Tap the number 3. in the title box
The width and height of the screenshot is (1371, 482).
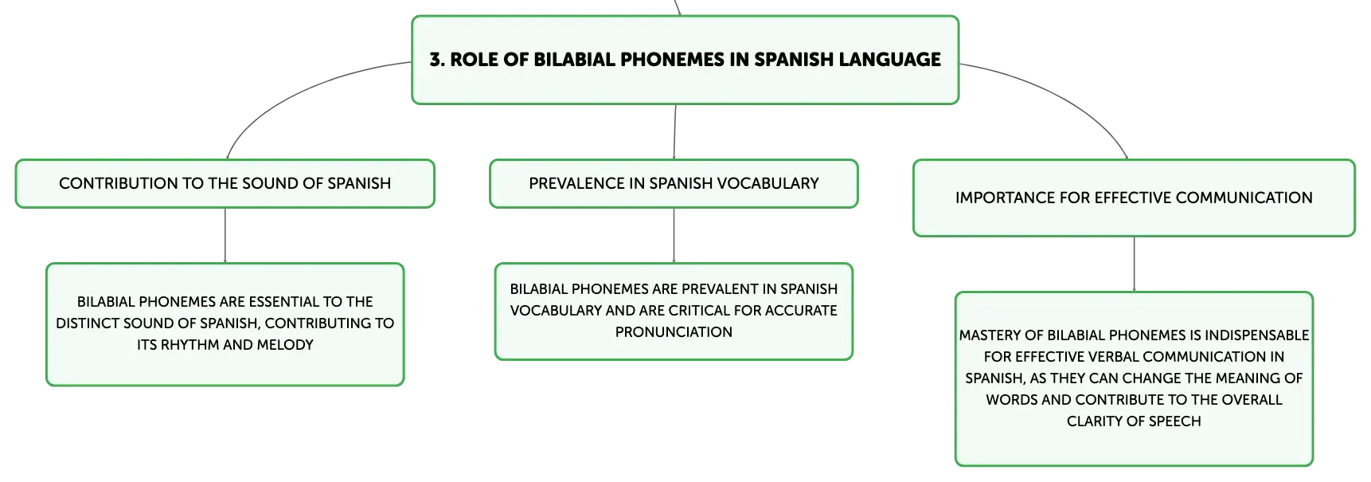tap(437, 60)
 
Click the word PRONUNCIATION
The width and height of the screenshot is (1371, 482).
tap(674, 332)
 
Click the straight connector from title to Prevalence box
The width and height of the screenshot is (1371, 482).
tap(674, 132)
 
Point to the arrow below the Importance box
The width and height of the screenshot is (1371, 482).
tap(1134, 265)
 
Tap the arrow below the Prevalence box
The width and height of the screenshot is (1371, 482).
tap(674, 236)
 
